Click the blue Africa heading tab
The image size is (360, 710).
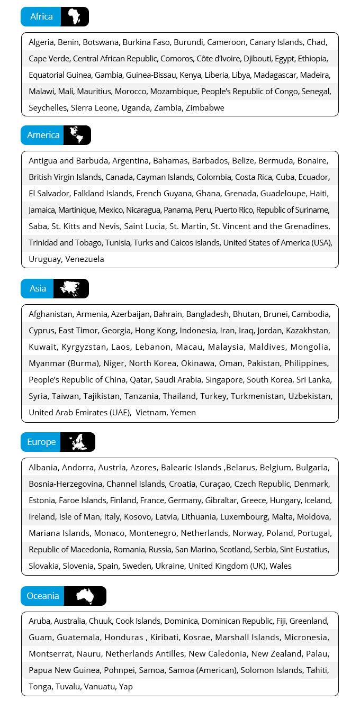click(41, 17)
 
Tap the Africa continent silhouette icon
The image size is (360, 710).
click(74, 17)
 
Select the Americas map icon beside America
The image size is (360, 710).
click(77, 135)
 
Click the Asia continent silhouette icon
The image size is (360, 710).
click(71, 289)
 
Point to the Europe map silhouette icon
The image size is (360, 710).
click(77, 442)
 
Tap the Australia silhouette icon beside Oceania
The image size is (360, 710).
click(85, 596)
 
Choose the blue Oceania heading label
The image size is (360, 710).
click(43, 596)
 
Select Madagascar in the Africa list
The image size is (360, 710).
click(272, 75)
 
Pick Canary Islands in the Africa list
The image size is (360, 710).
click(276, 42)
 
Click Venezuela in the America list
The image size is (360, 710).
click(85, 259)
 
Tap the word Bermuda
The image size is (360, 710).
click(276, 161)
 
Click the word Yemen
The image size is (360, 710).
click(183, 413)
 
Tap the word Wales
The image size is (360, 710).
click(281, 566)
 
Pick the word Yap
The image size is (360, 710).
click(126, 687)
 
